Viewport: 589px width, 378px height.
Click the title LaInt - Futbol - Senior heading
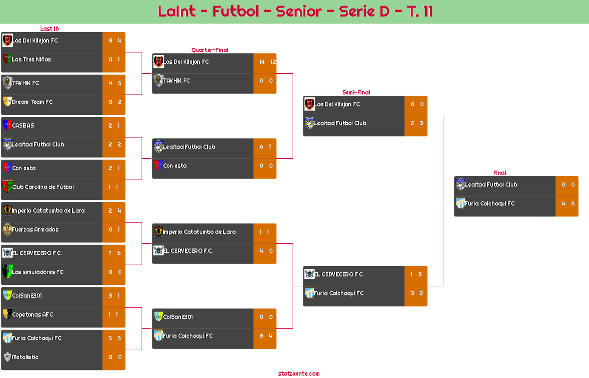click(295, 11)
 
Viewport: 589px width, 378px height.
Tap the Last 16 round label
click(49, 29)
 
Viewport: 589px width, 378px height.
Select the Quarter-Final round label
click(209, 50)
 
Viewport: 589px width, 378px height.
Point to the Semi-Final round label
click(355, 93)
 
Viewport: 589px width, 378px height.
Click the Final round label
click(499, 173)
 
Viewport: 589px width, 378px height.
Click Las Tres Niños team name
click(32, 60)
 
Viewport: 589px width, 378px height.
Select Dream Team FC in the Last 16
click(33, 102)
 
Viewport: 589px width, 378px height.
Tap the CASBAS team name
click(23, 126)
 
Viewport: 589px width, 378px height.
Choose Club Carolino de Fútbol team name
click(43, 187)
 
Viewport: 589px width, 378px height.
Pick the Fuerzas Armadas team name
click(35, 230)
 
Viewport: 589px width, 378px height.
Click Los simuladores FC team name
click(38, 272)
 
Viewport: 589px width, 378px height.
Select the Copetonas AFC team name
click(33, 315)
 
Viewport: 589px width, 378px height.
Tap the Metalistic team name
click(25, 357)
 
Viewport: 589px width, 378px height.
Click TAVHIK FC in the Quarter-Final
click(177, 81)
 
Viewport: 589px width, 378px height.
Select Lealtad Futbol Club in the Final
click(491, 185)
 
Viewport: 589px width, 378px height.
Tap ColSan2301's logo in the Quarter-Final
click(159, 317)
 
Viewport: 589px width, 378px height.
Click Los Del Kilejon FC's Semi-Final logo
click(310, 104)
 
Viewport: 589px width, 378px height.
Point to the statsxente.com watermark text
click(299, 374)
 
